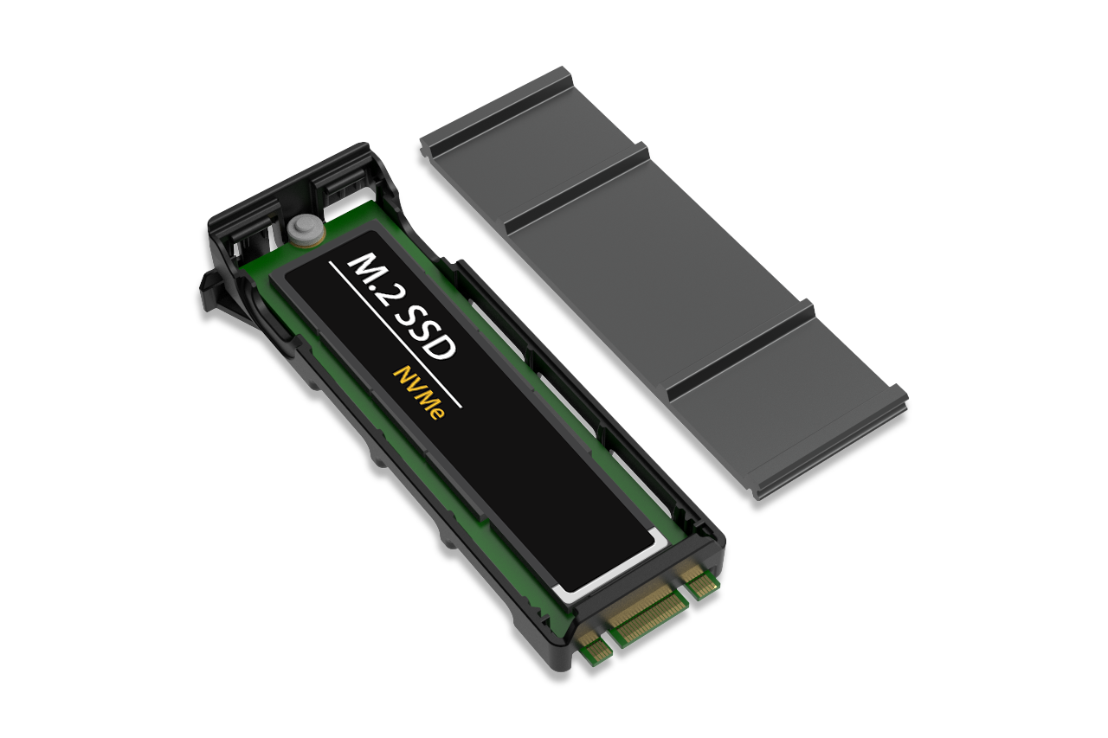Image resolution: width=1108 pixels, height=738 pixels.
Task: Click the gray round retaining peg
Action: tap(304, 229)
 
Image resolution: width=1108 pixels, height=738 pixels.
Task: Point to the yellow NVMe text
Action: tap(418, 393)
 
